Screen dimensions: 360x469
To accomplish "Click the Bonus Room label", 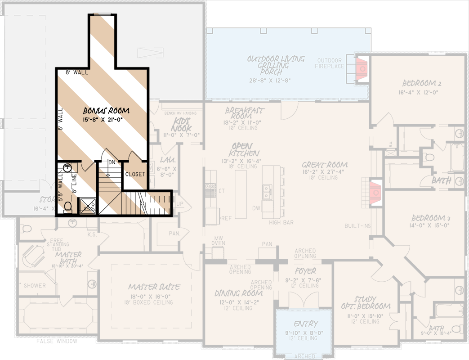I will [107, 110].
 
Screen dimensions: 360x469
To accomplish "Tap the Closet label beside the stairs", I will [135, 174].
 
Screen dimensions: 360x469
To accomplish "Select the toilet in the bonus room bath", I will [68, 207].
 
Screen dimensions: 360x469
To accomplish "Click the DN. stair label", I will [112, 162].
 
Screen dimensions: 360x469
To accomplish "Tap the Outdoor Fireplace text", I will [330, 63].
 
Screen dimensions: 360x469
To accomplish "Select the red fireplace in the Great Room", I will [375, 192].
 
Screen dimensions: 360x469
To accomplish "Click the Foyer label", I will [305, 271].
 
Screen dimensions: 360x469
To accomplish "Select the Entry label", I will [306, 324].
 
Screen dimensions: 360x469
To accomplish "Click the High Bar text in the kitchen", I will [281, 223].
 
